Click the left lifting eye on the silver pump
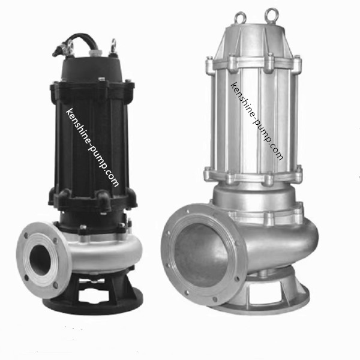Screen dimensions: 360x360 (x=240, y=14)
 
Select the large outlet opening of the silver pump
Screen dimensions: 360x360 (x=201, y=256)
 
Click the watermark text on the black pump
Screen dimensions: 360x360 (x=92, y=148)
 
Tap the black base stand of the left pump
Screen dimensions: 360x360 (x=97, y=298)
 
